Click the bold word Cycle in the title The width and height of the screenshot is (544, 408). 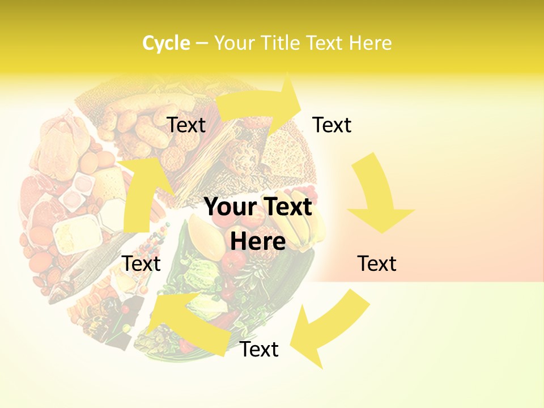point(166,43)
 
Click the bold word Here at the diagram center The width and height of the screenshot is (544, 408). point(258,241)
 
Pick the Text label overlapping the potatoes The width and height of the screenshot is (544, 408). point(186,125)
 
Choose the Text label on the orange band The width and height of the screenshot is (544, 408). point(377,263)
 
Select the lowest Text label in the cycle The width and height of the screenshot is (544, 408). point(259,350)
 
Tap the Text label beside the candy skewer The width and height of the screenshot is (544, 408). point(141,263)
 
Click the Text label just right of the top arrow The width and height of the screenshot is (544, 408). point(332,125)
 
